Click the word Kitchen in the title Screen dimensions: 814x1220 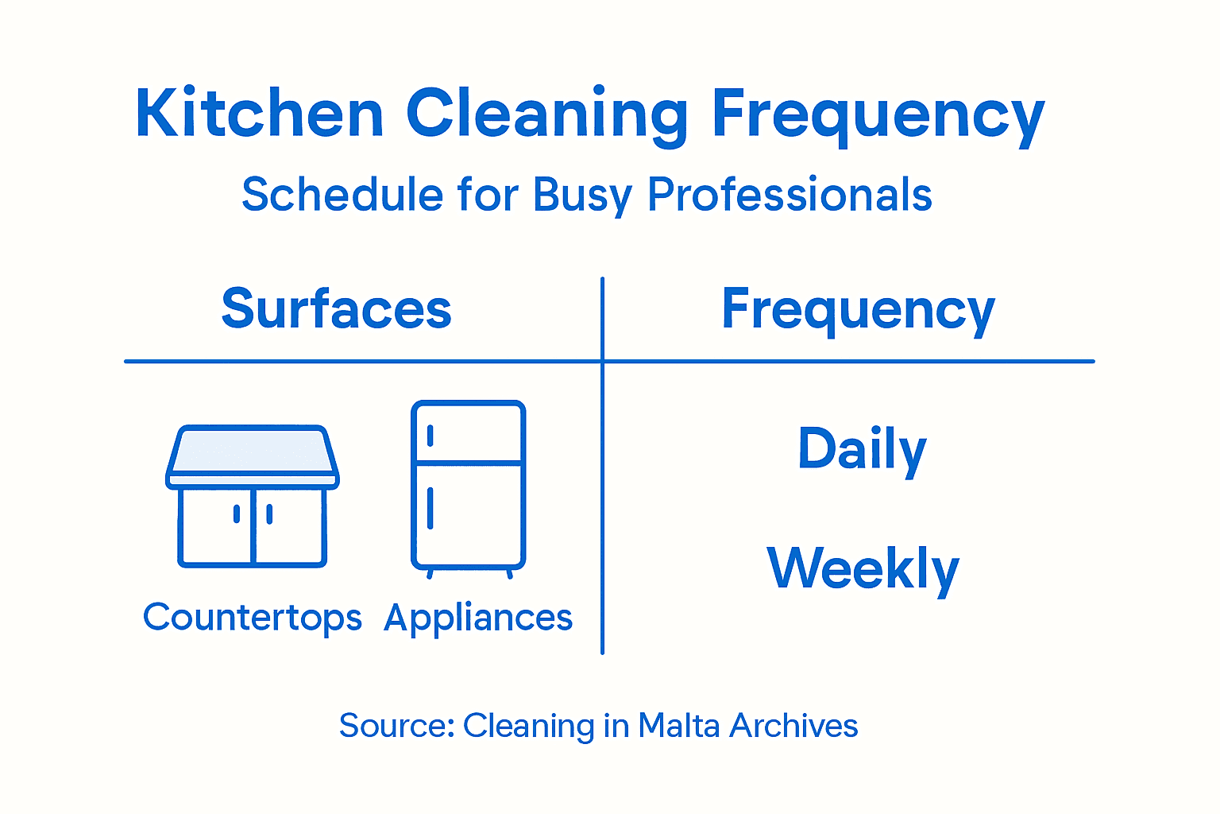260,113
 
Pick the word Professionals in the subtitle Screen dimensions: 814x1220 790,194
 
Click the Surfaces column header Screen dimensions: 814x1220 337,308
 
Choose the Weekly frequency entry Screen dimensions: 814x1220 863,569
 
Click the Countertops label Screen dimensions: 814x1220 253,618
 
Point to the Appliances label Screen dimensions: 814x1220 478,618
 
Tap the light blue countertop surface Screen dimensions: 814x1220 252,451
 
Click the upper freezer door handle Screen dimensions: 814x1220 430,436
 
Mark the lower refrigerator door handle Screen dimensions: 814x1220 430,508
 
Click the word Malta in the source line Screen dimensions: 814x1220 679,726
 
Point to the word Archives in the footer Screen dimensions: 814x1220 793,726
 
